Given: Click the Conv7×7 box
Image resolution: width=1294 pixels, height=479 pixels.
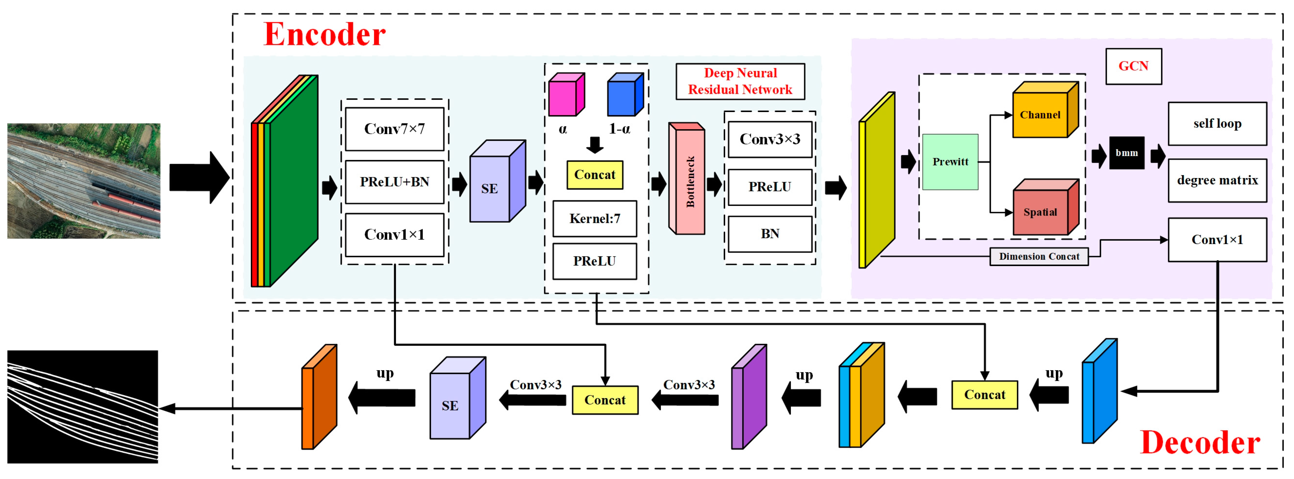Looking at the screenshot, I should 394,129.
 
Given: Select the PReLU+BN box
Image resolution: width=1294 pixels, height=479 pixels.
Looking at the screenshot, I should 394,182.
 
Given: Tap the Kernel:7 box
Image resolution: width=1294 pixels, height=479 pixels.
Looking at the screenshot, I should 594,219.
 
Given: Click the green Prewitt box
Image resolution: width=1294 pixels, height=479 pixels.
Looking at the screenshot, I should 950,162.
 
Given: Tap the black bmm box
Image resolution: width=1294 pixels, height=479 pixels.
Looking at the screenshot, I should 1127,153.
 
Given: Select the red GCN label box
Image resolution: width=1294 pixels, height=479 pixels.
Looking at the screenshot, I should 1133,66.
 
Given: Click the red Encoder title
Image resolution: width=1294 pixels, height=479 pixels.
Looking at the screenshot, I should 324,34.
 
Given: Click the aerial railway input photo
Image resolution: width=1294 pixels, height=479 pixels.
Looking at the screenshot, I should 84,181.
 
